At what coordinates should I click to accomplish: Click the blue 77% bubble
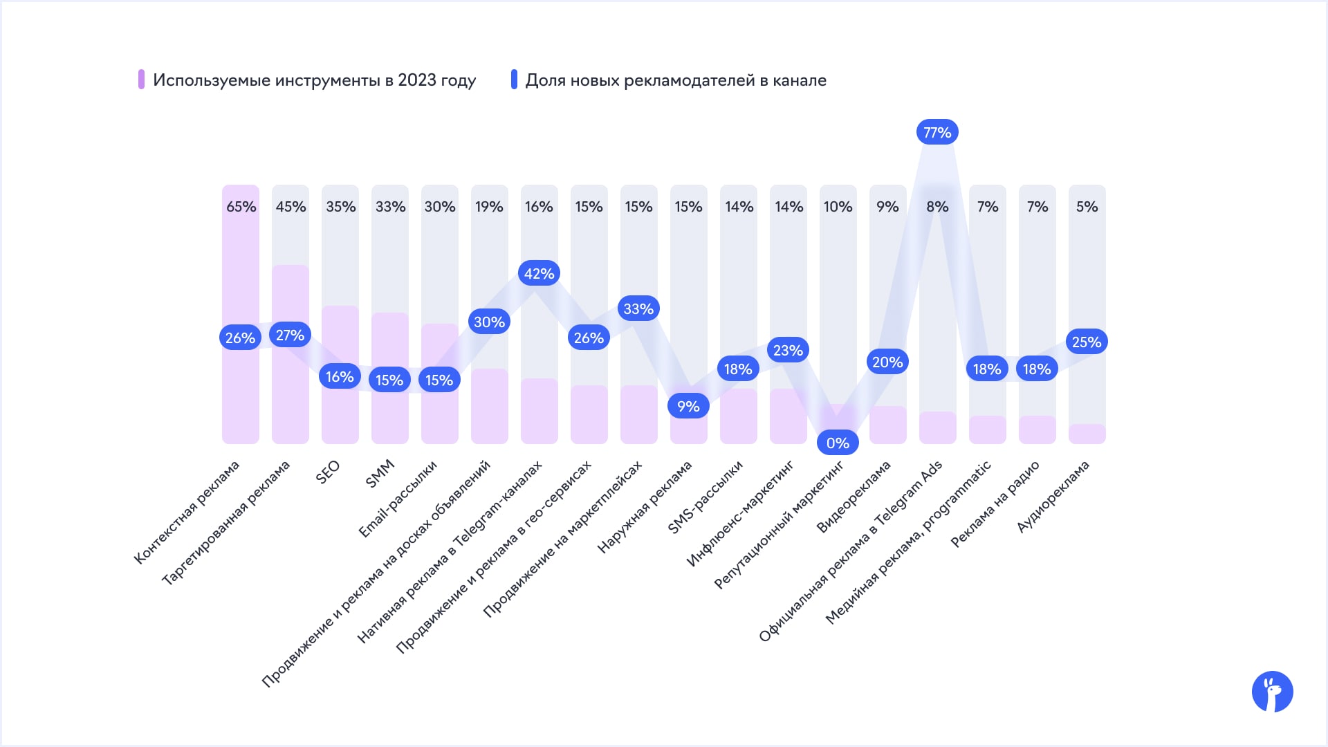point(937,132)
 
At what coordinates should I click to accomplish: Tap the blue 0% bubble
point(838,443)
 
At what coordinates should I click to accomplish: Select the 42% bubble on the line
point(539,273)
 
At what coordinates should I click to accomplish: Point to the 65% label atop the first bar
point(241,207)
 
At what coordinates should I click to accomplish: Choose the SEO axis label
point(328,472)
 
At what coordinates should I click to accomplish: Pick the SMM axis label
point(380,474)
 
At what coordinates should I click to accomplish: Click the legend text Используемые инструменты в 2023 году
point(314,80)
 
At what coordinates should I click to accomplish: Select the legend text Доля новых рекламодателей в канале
point(676,80)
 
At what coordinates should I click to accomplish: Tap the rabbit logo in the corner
point(1272,692)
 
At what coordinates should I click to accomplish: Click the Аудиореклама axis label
point(1053,497)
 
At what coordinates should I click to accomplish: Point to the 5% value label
point(1087,207)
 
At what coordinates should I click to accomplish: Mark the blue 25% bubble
point(1086,342)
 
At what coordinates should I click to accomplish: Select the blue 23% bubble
point(788,350)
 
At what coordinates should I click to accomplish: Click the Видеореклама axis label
point(854,497)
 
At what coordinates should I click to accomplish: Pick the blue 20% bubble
point(887,362)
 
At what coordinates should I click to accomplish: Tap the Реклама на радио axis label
point(995,504)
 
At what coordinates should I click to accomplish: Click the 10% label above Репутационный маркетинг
point(838,207)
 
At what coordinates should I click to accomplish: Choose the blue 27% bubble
point(290,335)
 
